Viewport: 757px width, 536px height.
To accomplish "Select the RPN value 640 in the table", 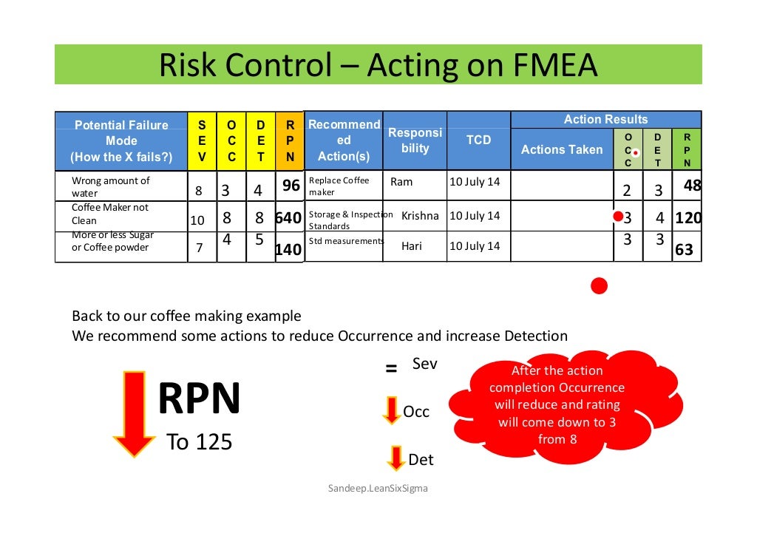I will pos(288,218).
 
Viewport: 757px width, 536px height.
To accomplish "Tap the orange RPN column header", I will pos(290,140).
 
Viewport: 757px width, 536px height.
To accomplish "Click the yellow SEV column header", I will pos(202,140).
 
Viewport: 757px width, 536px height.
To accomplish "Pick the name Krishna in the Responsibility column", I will pos(420,216).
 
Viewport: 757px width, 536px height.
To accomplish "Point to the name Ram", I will pos(401,182).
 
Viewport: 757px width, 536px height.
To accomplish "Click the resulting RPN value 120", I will pos(688,218).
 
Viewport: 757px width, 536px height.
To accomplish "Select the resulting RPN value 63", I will pos(685,250).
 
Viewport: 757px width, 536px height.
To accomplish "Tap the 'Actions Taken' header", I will pos(562,149).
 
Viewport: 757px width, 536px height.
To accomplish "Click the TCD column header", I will pos(478,140).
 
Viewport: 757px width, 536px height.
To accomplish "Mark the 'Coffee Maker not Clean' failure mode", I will pos(110,214).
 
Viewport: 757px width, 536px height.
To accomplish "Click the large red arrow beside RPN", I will pos(135,413).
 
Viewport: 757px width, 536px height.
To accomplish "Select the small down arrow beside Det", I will pos(397,458).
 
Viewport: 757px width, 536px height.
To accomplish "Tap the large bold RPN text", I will pos(200,400).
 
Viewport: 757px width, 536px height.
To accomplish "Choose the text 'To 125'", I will pos(200,442).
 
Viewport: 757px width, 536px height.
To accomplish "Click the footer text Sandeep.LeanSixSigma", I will pos(378,489).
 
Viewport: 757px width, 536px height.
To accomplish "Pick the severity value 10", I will pos(197,220).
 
